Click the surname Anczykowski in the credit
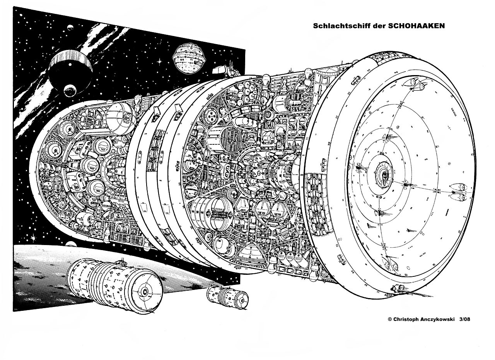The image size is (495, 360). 440,319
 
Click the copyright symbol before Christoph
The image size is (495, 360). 390,319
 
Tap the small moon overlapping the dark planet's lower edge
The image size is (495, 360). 70,90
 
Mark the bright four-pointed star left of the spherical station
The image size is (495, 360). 159,61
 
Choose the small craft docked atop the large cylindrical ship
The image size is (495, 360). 122,262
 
